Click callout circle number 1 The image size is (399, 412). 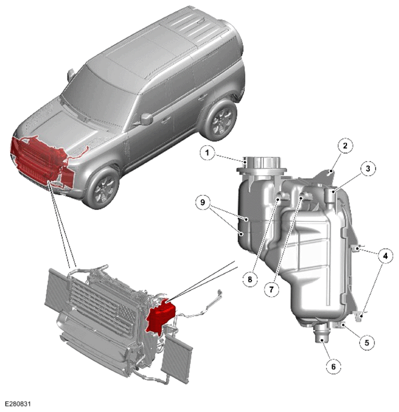click(x=207, y=152)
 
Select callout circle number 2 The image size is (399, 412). click(x=345, y=145)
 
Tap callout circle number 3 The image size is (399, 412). click(x=368, y=168)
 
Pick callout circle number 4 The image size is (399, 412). click(x=385, y=256)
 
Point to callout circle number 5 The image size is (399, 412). click(x=367, y=343)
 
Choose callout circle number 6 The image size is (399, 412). click(x=333, y=366)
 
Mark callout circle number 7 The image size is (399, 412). click(x=271, y=290)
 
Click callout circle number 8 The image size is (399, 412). click(x=250, y=279)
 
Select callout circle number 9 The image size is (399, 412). click(x=202, y=203)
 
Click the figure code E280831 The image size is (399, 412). click(x=18, y=403)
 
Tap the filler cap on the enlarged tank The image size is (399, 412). click(x=264, y=164)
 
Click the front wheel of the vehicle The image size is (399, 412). click(x=101, y=188)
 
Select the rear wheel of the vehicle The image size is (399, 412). click(x=220, y=120)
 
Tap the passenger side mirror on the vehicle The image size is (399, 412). click(x=147, y=119)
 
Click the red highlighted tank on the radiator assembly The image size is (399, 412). click(x=161, y=316)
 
